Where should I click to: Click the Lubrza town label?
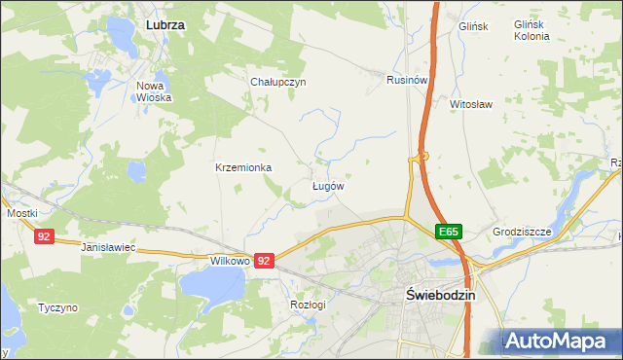(165, 22)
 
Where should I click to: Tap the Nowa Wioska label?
(154, 91)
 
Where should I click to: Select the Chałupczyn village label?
(278, 82)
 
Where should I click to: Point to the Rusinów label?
(408, 80)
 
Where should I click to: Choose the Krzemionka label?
(243, 167)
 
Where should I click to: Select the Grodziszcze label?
(523, 232)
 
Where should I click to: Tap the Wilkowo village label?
(232, 262)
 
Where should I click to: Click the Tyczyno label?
(57, 307)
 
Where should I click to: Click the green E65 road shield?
(448, 232)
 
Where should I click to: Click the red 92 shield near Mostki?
(44, 236)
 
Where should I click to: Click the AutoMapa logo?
(563, 342)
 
